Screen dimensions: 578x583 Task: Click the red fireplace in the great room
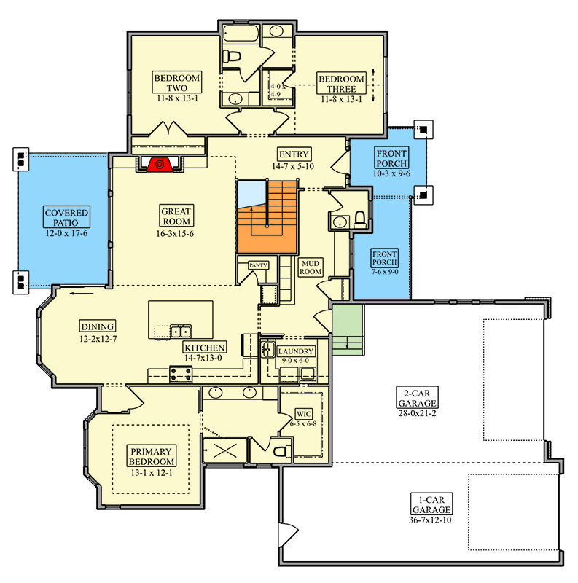(160, 165)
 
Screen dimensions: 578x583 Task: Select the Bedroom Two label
(177, 82)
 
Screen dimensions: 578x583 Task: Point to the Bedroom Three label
(341, 84)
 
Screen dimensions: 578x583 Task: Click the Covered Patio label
(66, 217)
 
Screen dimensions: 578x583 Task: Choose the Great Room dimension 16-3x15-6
(175, 234)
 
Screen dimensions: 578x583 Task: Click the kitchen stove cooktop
(181, 374)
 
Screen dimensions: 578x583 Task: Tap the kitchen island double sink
(181, 331)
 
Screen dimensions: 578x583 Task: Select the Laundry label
(296, 351)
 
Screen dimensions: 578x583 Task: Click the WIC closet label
(303, 414)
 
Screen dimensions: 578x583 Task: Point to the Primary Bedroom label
(152, 456)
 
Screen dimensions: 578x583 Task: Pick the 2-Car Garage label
(417, 398)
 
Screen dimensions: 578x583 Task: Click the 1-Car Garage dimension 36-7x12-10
(430, 520)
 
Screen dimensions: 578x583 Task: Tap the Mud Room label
(311, 267)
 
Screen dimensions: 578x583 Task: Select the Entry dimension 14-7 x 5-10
(293, 166)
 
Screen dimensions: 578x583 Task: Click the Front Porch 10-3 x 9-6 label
(391, 158)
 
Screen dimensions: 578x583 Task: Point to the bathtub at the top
(241, 34)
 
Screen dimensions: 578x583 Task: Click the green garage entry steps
(348, 330)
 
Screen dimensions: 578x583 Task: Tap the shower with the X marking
(225, 450)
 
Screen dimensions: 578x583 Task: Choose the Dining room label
(98, 326)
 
